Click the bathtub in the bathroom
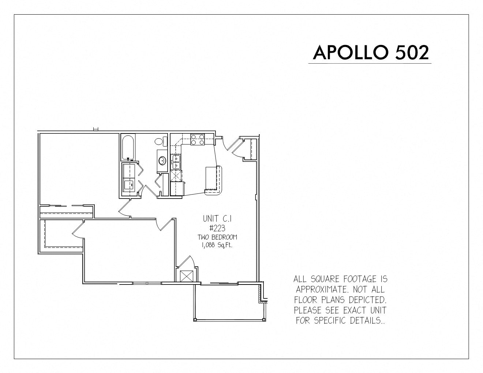[128, 147]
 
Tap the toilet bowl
[161, 141]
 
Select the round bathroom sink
[162, 160]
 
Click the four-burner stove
[197, 140]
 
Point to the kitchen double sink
[176, 162]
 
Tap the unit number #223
[217, 228]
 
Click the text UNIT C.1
[217, 219]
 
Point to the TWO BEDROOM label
[217, 237]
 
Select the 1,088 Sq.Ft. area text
[217, 245]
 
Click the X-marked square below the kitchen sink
[176, 176]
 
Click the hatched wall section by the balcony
[260, 294]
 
